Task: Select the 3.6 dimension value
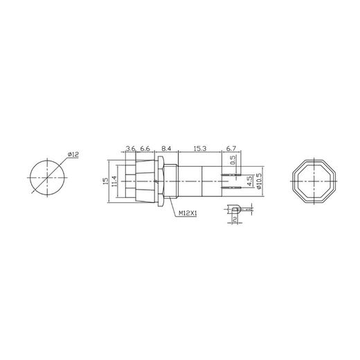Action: (x=129, y=148)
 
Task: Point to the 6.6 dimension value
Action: (x=145, y=148)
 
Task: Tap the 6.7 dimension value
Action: (x=231, y=148)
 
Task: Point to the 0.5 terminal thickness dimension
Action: (x=233, y=159)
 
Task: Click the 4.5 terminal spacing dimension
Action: (x=249, y=181)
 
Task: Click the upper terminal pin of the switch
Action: (x=233, y=173)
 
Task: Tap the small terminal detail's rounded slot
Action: (x=237, y=208)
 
